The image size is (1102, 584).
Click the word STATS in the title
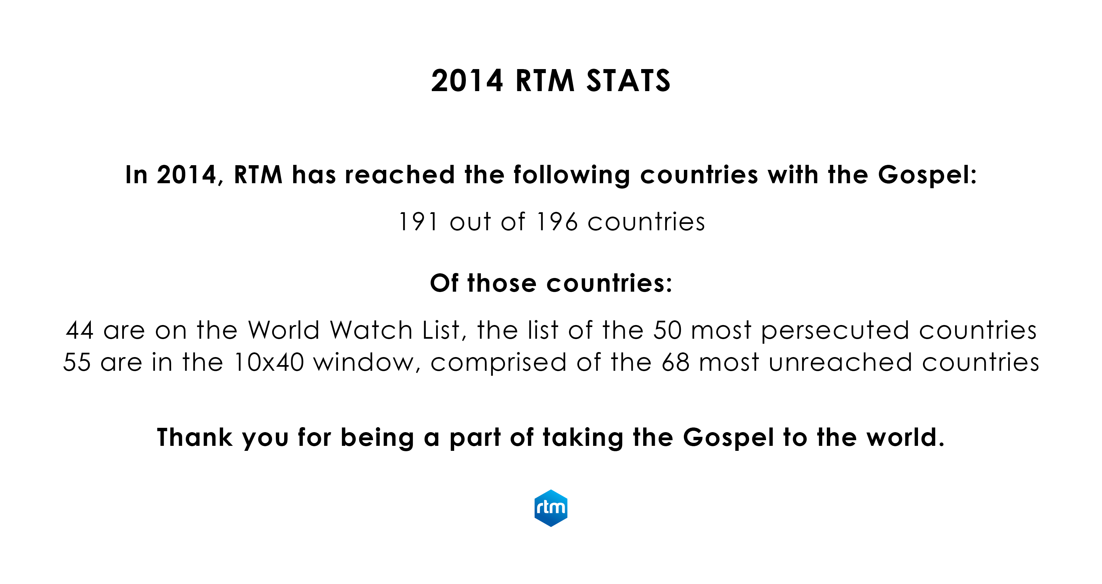pyautogui.click(x=628, y=81)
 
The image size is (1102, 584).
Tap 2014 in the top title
pyautogui.click(x=467, y=81)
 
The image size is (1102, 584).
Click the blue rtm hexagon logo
pyautogui.click(x=551, y=508)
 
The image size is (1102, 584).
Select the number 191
pyautogui.click(x=418, y=222)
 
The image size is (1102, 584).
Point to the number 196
pyautogui.click(x=557, y=222)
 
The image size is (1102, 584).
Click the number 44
pyautogui.click(x=80, y=330)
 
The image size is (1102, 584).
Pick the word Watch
pyautogui.click(x=371, y=330)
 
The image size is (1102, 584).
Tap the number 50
pyautogui.click(x=667, y=330)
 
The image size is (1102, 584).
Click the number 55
pyautogui.click(x=77, y=362)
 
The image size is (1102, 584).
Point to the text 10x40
pyautogui.click(x=269, y=362)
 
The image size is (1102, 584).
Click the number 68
pyautogui.click(x=676, y=362)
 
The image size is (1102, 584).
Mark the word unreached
pyautogui.click(x=840, y=362)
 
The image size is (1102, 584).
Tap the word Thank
pyautogui.click(x=195, y=437)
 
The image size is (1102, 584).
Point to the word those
pyautogui.click(x=502, y=283)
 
